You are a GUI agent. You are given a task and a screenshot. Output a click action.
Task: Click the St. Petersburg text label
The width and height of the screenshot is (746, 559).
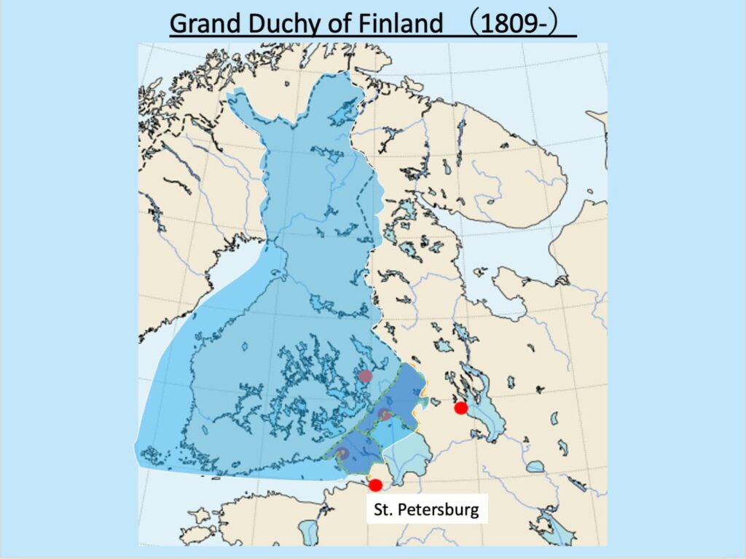(x=426, y=508)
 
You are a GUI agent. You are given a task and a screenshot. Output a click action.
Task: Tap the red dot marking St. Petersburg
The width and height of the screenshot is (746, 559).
(x=375, y=485)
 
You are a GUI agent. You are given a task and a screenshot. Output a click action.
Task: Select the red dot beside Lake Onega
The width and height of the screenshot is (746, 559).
(x=460, y=408)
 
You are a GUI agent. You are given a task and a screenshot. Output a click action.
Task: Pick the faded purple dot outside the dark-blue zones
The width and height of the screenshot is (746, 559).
(x=366, y=376)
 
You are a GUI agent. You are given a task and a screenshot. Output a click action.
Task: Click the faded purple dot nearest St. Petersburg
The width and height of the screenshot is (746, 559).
(x=343, y=453)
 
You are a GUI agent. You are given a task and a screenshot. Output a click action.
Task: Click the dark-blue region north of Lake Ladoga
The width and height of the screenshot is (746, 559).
(x=404, y=393)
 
